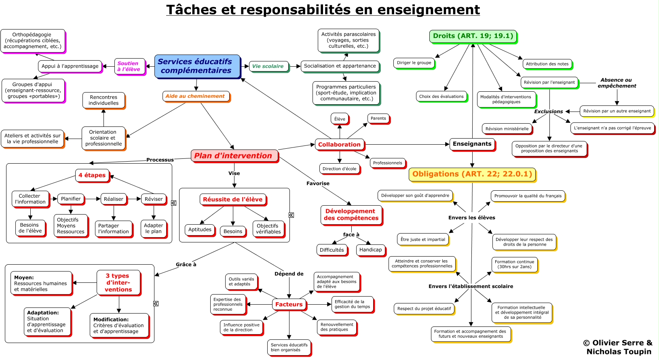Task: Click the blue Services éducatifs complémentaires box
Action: (x=196, y=66)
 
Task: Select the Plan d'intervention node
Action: (x=234, y=156)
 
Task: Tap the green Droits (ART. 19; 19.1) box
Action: (x=473, y=36)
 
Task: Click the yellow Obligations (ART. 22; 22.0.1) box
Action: (x=472, y=174)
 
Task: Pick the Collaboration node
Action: (x=339, y=145)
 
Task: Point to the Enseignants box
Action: (x=472, y=144)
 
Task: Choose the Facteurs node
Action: (x=289, y=304)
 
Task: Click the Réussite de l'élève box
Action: (x=232, y=199)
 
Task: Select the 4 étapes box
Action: (x=92, y=175)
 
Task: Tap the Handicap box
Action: (x=370, y=250)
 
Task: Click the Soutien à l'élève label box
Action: (x=129, y=66)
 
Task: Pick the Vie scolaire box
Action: (x=268, y=66)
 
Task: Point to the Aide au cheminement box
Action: (x=195, y=96)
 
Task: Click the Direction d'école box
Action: (x=339, y=169)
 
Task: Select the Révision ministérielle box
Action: (x=507, y=129)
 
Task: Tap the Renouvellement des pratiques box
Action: (x=336, y=327)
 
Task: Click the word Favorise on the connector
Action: (x=318, y=183)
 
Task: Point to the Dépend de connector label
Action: (x=289, y=274)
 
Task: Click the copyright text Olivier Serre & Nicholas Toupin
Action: (x=618, y=347)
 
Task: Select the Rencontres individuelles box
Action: (x=103, y=100)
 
